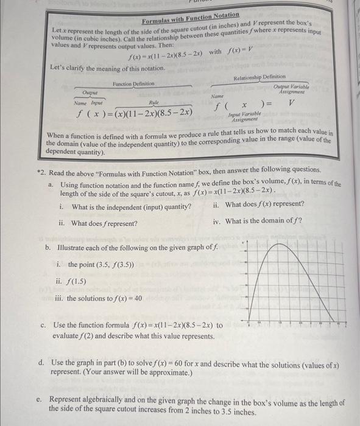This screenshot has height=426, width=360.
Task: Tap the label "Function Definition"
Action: click(x=135, y=83)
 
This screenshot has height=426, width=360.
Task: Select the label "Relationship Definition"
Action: click(x=260, y=77)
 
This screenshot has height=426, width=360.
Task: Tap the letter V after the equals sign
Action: click(x=292, y=104)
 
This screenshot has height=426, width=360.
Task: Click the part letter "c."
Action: click(x=43, y=325)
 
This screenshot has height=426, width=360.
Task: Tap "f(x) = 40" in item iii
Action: click(x=124, y=298)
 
